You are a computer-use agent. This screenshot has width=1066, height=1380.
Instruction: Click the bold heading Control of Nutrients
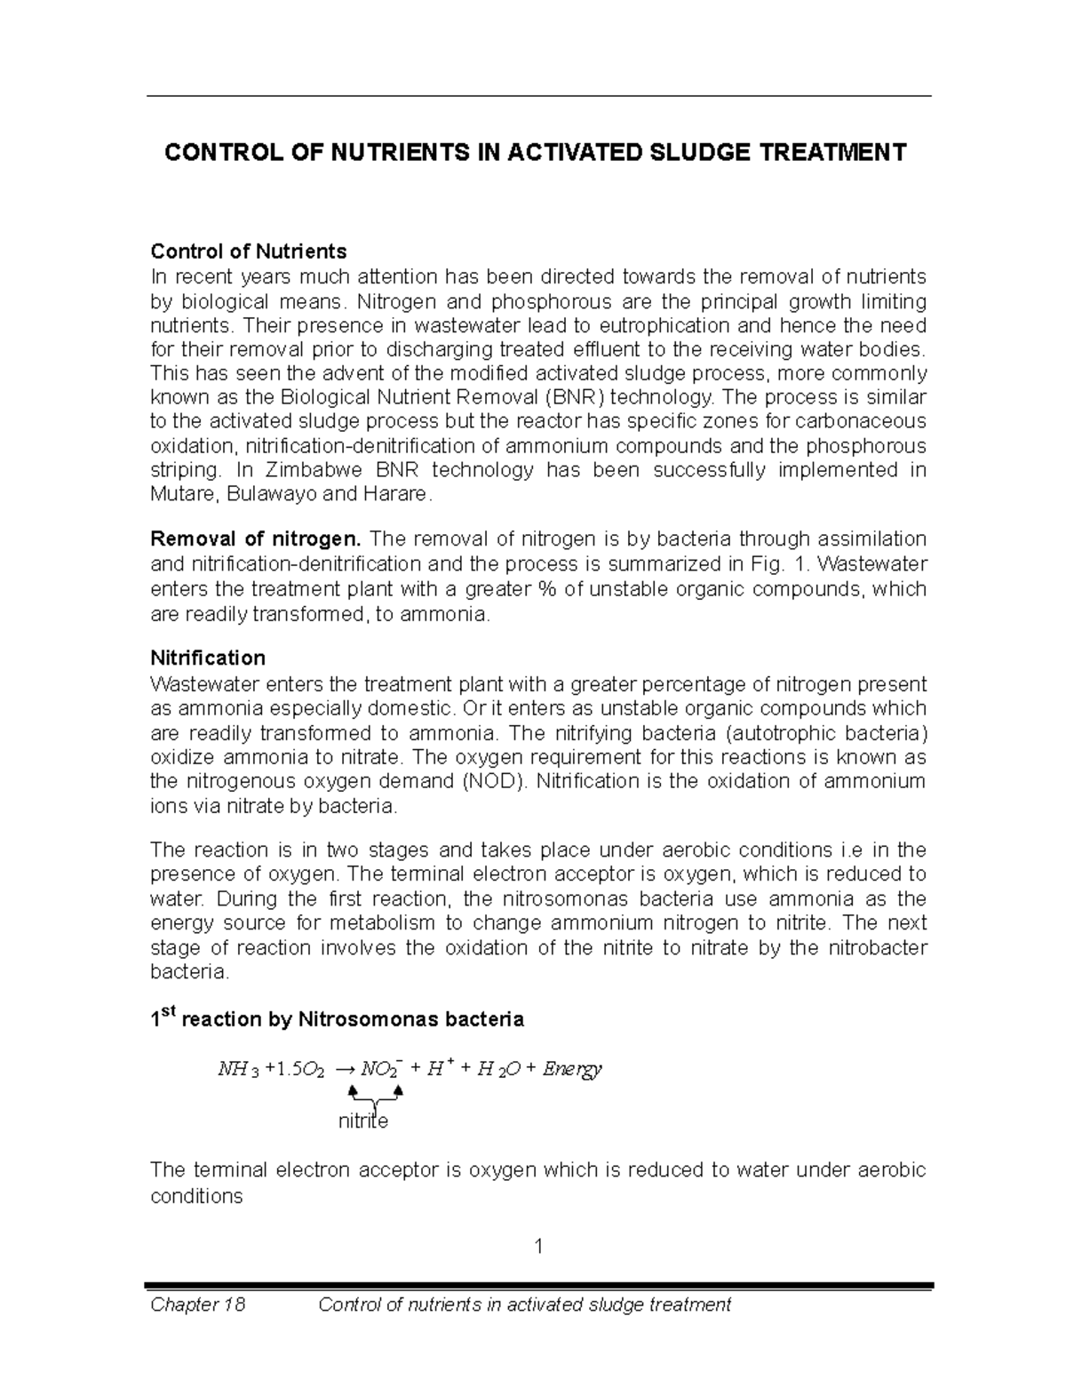point(249,251)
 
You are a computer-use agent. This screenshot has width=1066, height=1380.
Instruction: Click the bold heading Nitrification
point(208,658)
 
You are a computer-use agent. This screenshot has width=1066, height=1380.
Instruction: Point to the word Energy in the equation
point(572,1068)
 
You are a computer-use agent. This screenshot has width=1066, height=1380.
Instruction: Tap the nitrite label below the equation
point(363,1121)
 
